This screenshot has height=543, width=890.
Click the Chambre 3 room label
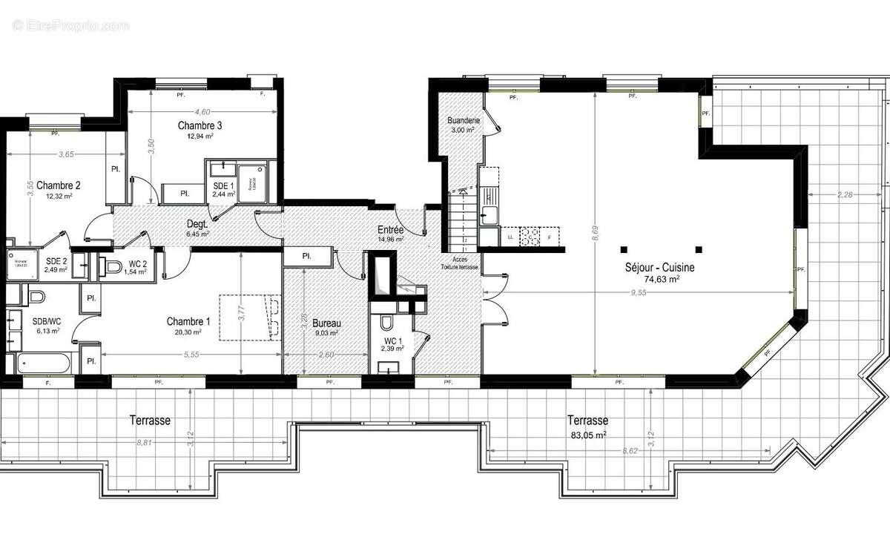click(200, 125)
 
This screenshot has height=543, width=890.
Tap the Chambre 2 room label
click(58, 185)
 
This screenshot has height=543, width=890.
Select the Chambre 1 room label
click(188, 321)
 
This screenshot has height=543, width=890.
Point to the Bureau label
click(326, 323)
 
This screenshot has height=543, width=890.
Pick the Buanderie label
click(464, 120)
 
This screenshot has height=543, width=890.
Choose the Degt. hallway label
click(197, 223)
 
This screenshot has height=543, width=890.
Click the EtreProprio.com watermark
click(70, 26)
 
